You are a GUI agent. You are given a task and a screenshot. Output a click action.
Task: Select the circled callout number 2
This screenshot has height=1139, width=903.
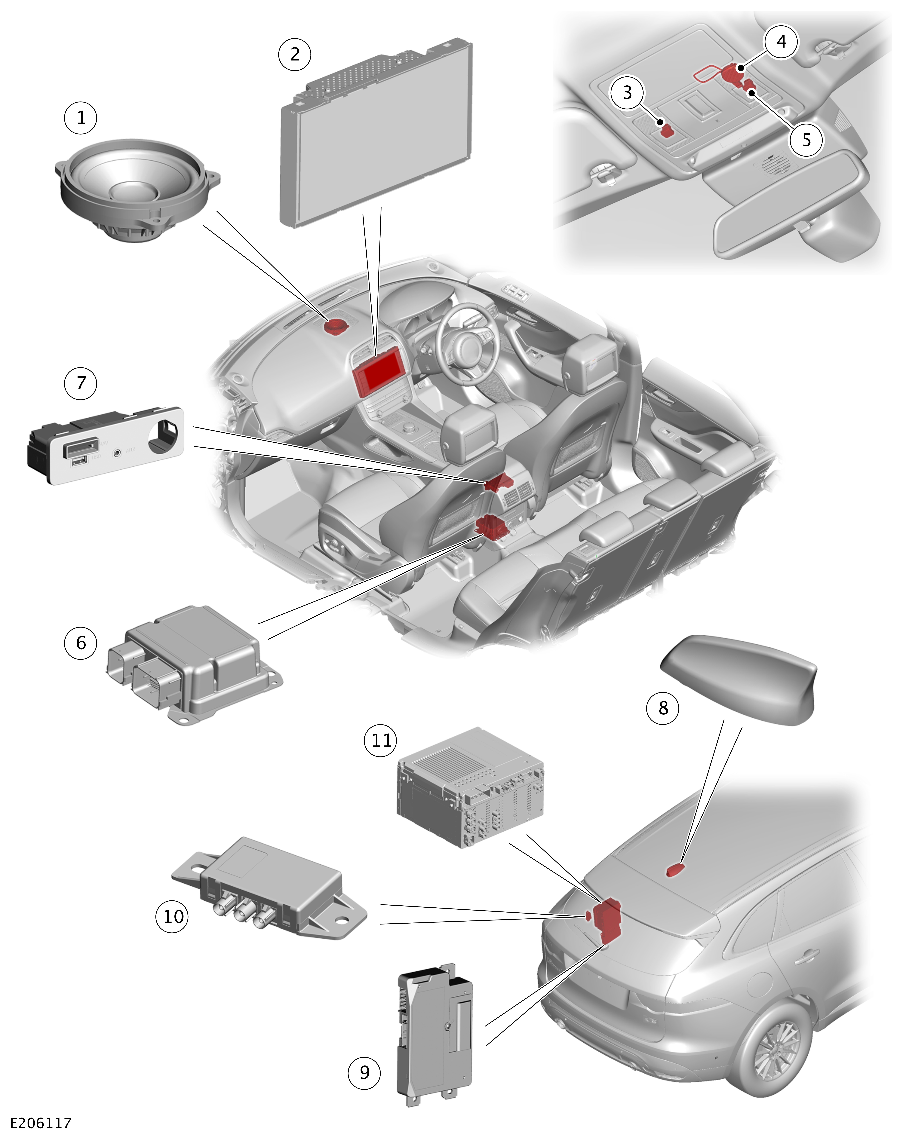coord(295,54)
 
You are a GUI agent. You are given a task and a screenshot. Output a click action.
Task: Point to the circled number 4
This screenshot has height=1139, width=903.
coord(782,41)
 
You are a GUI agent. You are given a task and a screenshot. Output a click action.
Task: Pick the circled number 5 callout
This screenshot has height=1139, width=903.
coord(806,140)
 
